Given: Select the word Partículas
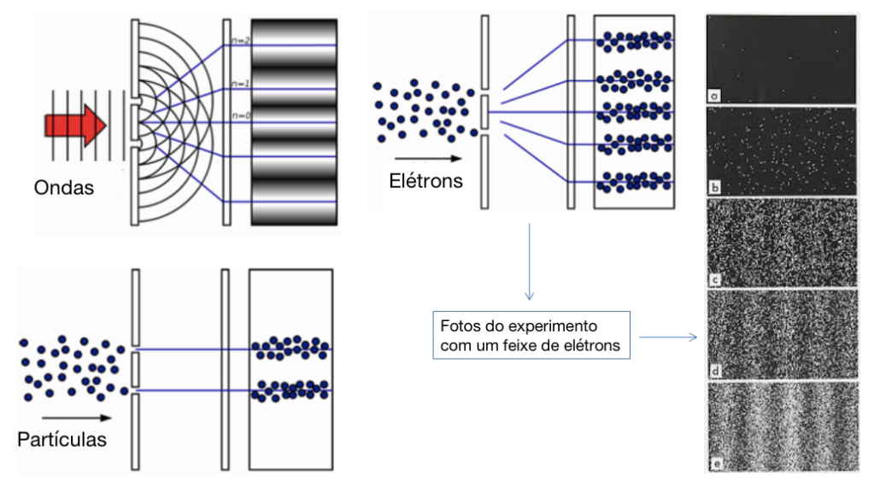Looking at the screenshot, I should (x=62, y=439).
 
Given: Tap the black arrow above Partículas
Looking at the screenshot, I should (x=68, y=418).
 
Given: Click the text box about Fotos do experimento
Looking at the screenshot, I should (x=531, y=337).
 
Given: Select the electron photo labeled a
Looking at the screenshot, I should (x=781, y=60).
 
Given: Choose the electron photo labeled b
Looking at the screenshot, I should (x=781, y=150).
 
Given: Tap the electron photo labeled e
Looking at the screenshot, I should (x=781, y=425).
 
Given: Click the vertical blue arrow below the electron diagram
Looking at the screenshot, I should (x=530, y=261).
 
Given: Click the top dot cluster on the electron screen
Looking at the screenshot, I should (x=633, y=40).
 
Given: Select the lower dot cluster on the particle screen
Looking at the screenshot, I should (x=290, y=390).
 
